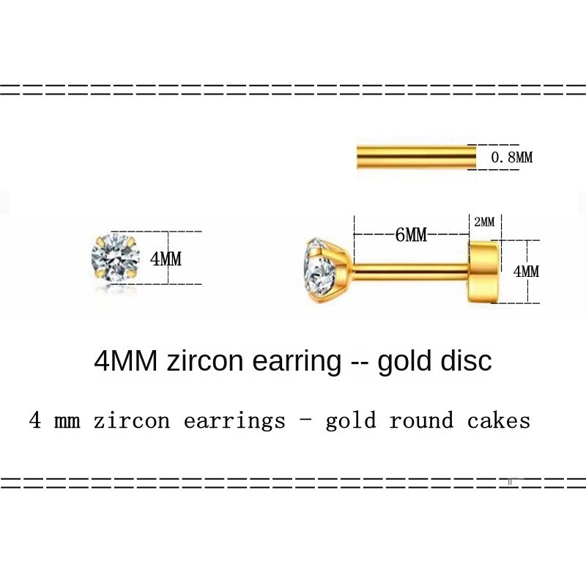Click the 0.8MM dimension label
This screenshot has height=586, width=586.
tap(511, 157)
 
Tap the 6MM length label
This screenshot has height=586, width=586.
tap(411, 235)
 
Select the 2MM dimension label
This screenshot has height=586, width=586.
tap(484, 221)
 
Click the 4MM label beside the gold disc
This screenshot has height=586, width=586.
tap(525, 271)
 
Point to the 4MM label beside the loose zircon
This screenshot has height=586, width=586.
tap(166, 259)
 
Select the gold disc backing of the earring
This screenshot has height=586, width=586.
tap(485, 271)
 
